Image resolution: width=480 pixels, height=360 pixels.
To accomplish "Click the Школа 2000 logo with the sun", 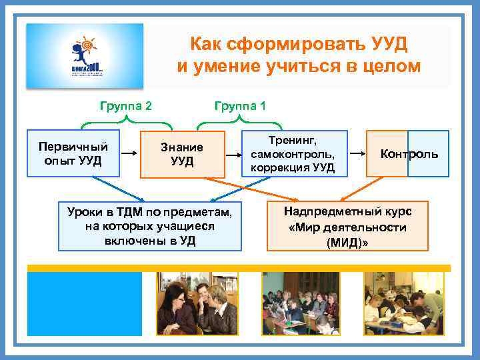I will tap(84, 56).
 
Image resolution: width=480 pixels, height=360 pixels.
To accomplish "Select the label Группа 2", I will tap(125, 105).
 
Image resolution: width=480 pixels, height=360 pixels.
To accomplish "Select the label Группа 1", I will tap(239, 105).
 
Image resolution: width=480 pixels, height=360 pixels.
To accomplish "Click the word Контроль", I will tap(409, 154).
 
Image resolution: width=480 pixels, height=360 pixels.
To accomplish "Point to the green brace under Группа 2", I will tap(126, 123).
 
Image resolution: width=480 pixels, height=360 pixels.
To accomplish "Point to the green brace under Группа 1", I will tap(239, 123).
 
